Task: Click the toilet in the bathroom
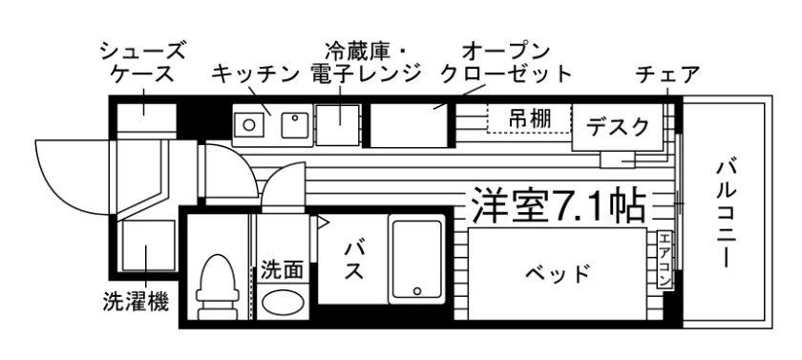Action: click(218, 286)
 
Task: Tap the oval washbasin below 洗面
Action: click(283, 302)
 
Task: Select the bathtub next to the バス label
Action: click(417, 260)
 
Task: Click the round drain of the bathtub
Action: click(417, 291)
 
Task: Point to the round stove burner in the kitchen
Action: click(249, 124)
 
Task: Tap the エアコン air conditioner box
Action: click(665, 260)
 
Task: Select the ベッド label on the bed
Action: click(557, 274)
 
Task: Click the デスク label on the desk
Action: click(618, 126)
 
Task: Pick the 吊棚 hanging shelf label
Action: click(529, 118)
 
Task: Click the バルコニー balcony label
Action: click(726, 213)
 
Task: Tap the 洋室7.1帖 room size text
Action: click(558, 205)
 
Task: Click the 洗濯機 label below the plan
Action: click(136, 302)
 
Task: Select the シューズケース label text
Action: click(142, 62)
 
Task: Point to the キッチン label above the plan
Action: click(254, 74)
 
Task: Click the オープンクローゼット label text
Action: click(506, 63)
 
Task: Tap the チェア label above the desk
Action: click(667, 74)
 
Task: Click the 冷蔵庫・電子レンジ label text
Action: click(365, 62)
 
